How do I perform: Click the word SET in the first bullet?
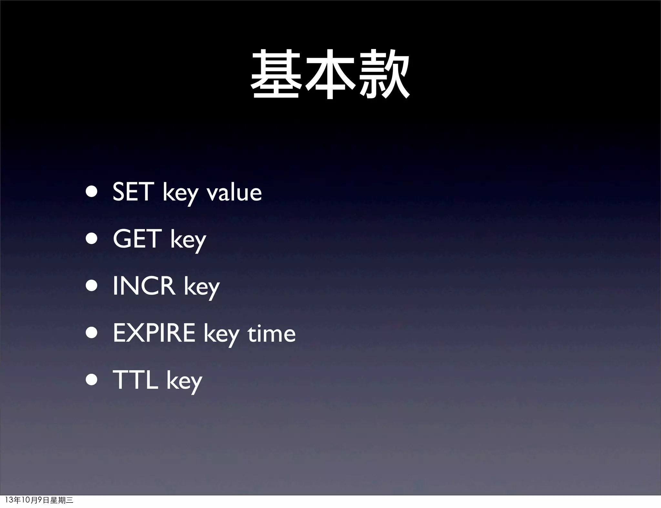(132, 192)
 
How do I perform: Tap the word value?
(234, 192)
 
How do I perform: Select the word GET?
(137, 239)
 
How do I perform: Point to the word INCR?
(144, 286)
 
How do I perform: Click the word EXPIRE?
(154, 333)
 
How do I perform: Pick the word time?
(271, 333)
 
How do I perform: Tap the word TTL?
(135, 380)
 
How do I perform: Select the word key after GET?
(188, 240)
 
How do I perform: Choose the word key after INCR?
(202, 288)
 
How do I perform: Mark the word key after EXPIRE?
(221, 335)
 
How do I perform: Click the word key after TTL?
(184, 382)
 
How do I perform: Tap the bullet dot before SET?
(92, 192)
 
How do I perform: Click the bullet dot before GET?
(92, 239)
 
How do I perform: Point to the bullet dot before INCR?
(92, 286)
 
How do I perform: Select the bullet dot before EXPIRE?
(92, 333)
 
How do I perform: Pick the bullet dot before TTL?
(92, 380)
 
